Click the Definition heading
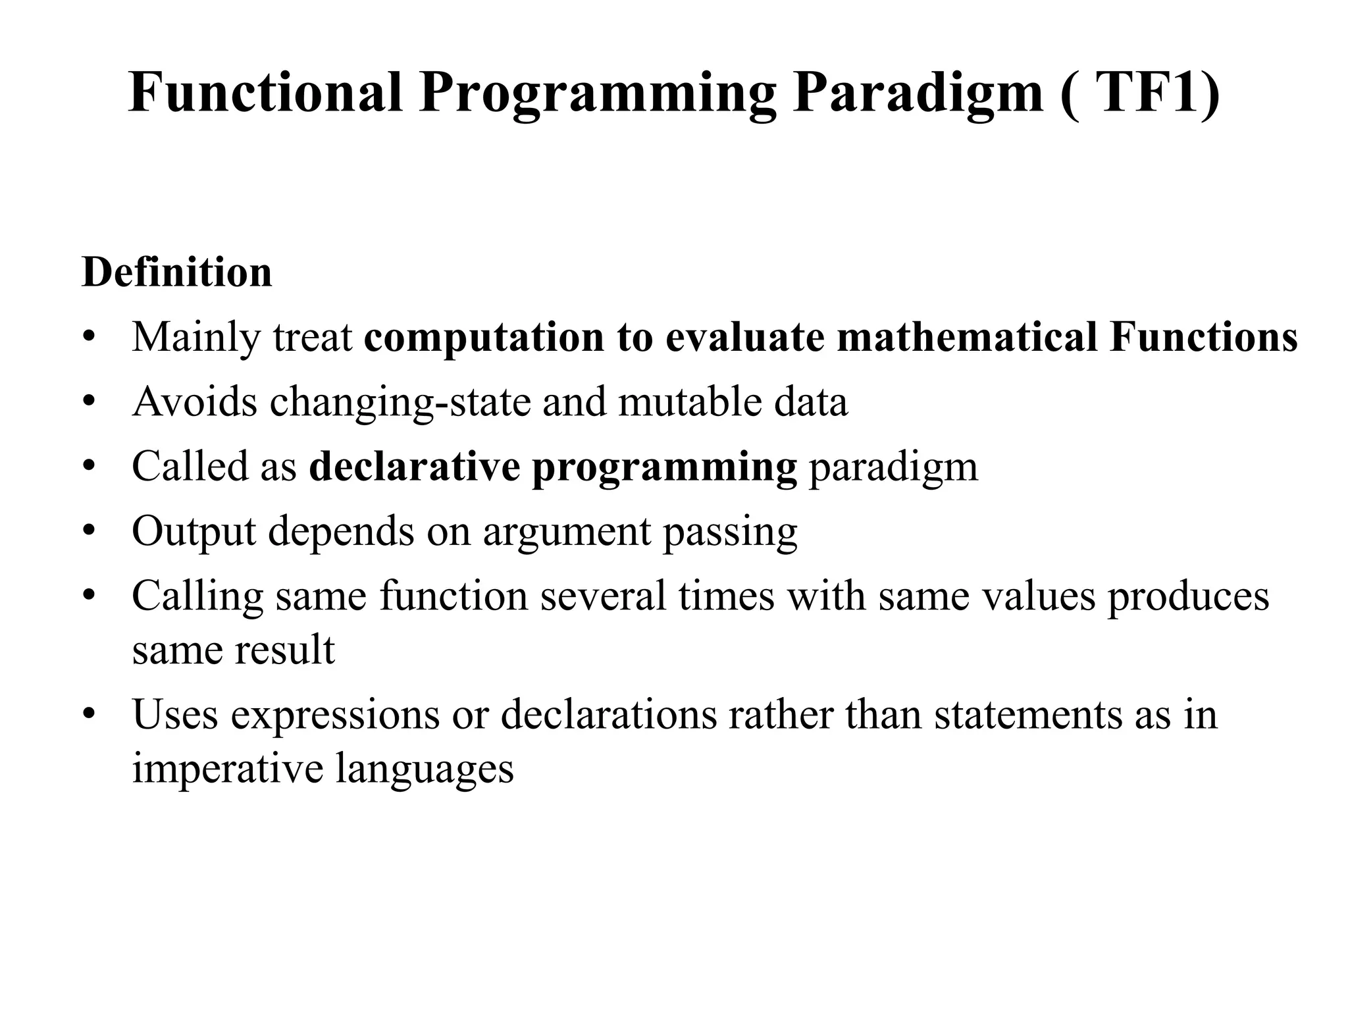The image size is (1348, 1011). pos(176,272)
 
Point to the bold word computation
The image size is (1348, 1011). pos(484,338)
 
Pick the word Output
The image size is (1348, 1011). pos(194,532)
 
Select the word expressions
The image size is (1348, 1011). pos(334,715)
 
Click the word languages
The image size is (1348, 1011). pos(425,769)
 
